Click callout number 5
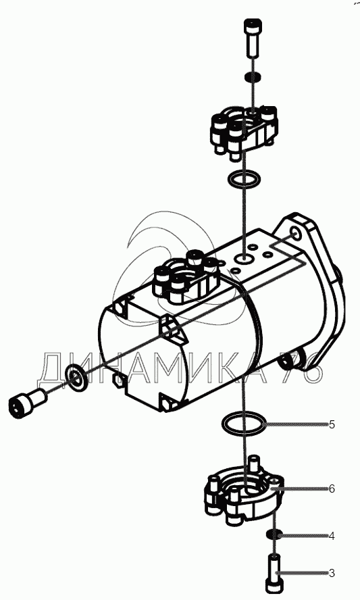click(x=332, y=424)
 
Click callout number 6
click(x=332, y=489)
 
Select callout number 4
click(x=332, y=536)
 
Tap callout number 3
click(x=332, y=573)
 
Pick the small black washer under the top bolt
click(x=253, y=76)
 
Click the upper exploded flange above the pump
click(x=243, y=129)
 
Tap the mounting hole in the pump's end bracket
click(x=297, y=233)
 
